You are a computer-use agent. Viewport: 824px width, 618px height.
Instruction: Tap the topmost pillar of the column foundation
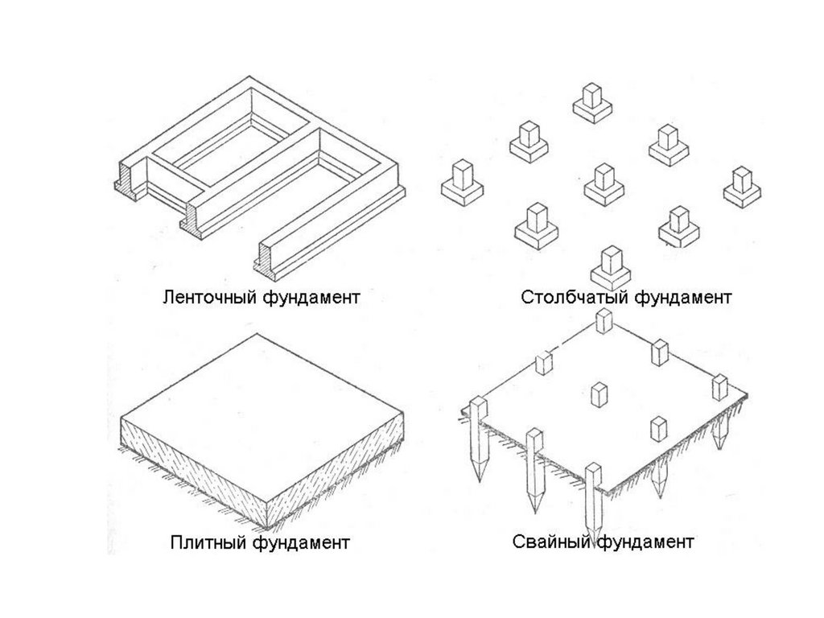coord(595,103)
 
